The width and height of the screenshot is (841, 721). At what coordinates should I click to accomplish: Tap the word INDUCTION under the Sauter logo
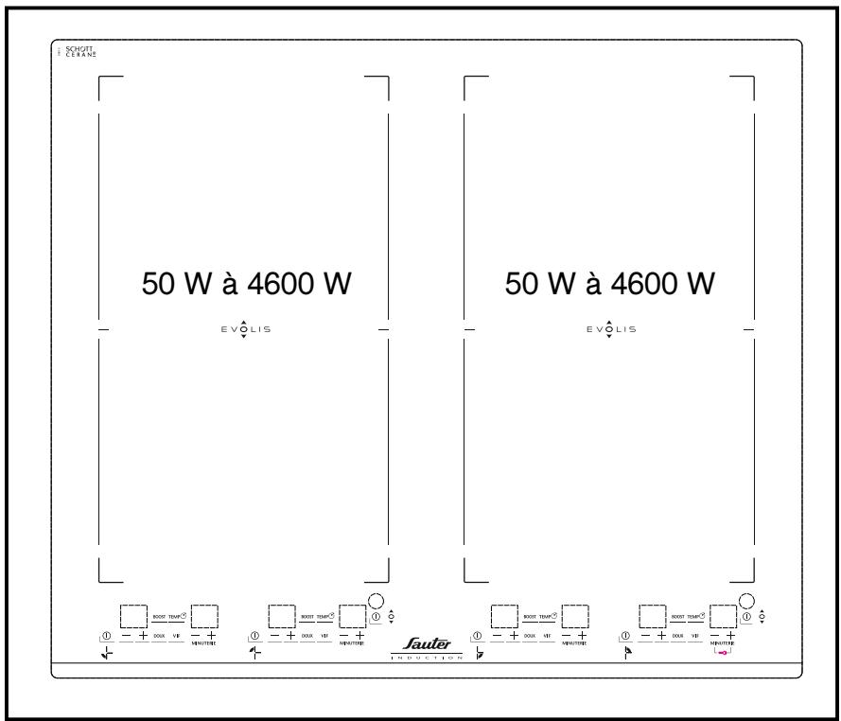click(428, 658)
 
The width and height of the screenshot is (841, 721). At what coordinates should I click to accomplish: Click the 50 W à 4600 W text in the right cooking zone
click(610, 283)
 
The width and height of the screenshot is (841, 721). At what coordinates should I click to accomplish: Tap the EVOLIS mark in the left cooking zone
click(244, 329)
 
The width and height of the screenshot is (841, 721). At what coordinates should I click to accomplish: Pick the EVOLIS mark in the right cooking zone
click(610, 329)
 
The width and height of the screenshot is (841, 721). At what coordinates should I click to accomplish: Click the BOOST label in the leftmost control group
click(160, 616)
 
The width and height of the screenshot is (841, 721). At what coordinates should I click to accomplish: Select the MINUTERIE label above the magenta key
click(724, 642)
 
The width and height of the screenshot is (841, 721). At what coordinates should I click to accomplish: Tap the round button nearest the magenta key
click(747, 600)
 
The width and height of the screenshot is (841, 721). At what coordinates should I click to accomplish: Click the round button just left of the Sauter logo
click(377, 600)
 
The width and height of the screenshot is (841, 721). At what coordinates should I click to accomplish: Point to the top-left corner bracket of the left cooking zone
click(103, 79)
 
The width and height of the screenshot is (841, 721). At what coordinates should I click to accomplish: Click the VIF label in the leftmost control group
click(176, 635)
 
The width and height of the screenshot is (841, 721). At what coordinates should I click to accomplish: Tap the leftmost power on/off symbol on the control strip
click(107, 635)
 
